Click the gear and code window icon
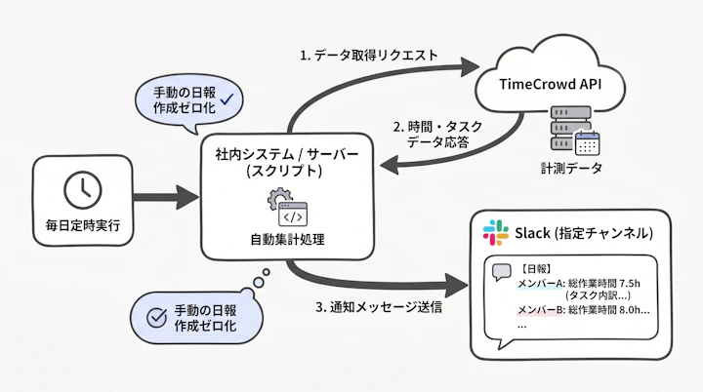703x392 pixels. tap(287, 206)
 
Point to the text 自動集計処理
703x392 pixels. tap(287, 238)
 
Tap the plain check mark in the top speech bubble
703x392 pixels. tap(227, 97)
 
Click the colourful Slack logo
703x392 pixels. tap(495, 233)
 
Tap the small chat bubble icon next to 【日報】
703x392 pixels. tap(502, 273)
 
